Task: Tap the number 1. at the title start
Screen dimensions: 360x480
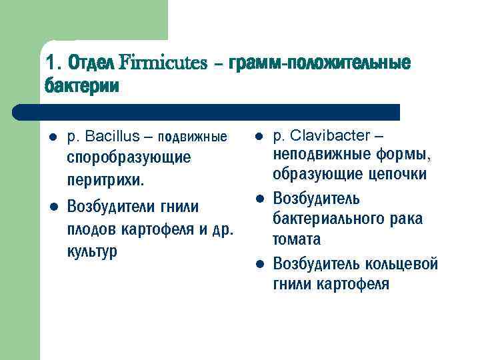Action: pos(53,64)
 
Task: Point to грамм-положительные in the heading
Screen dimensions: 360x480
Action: pos(319,63)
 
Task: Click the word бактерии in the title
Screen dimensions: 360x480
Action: pos(82,87)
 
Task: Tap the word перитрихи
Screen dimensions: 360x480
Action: pos(104,181)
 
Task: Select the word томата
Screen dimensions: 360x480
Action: pos(297,239)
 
